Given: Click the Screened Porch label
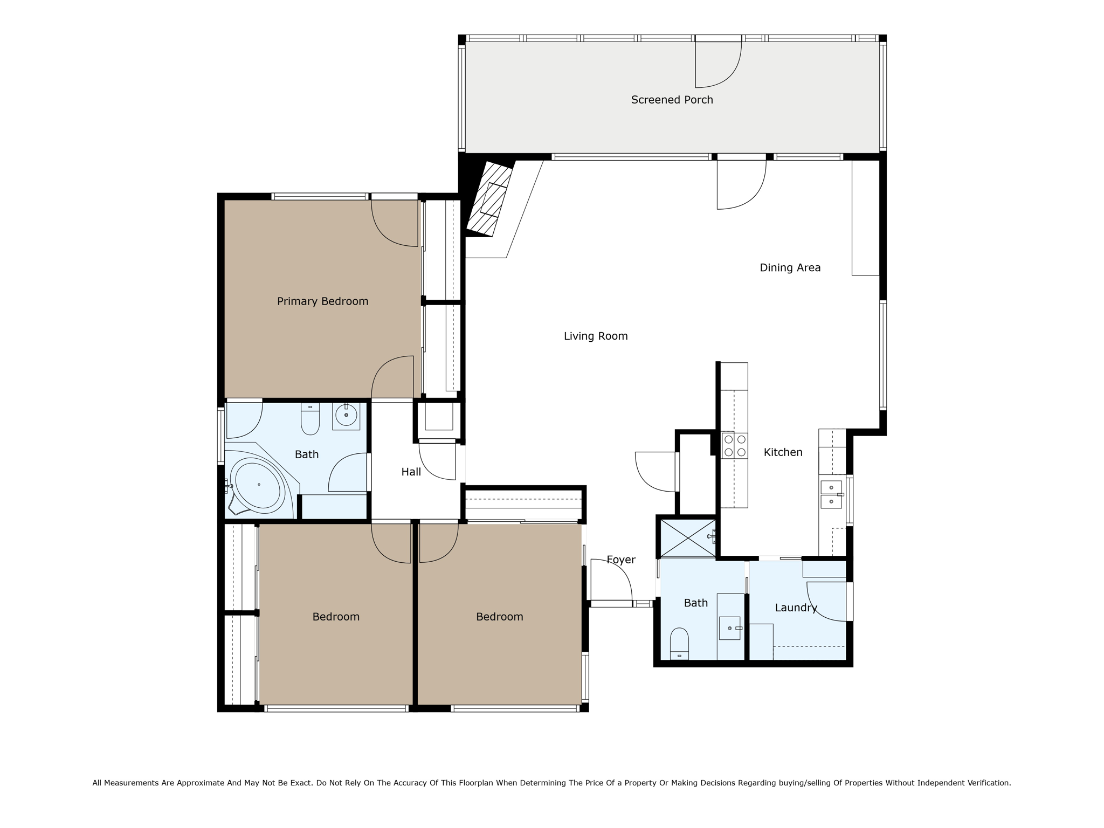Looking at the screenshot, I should tap(672, 100).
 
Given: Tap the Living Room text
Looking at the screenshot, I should tap(596, 336).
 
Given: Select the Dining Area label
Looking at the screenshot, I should tap(790, 268).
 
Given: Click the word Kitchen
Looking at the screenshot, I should tap(783, 453).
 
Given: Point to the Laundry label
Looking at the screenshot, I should tap(796, 608).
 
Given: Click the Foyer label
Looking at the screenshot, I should tap(621, 560).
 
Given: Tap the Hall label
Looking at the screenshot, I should tap(411, 472).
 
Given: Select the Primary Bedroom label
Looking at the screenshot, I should tap(322, 301).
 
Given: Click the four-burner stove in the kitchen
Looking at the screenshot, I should tap(735, 445).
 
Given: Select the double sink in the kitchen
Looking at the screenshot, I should tap(831, 494).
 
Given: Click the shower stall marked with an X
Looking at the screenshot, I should tap(687, 537).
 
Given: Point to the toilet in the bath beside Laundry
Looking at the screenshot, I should tap(679, 643).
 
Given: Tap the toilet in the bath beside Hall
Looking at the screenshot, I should tap(310, 419).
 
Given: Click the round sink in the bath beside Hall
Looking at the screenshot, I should tap(346, 415).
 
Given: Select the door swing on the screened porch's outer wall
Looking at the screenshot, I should tap(717, 64).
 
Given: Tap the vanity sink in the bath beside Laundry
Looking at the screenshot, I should tap(729, 629).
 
